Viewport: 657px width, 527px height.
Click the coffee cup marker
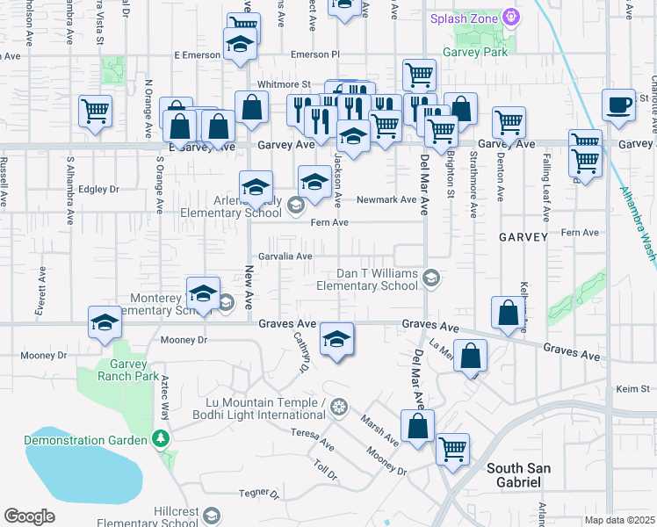[619, 105]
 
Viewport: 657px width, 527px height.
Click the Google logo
[29, 516]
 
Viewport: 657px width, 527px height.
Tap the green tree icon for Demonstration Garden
[160, 437]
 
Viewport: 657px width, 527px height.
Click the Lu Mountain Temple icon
[341, 406]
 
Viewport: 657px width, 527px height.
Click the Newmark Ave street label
[386, 199]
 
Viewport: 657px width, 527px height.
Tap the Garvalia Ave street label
[285, 256]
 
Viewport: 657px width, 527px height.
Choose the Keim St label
[631, 387]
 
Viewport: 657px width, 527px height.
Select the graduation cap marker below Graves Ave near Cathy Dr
[336, 339]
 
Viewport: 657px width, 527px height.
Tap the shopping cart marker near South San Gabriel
[453, 449]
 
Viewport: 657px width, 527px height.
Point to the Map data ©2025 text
[620, 520]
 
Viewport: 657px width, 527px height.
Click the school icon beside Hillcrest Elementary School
[212, 515]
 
